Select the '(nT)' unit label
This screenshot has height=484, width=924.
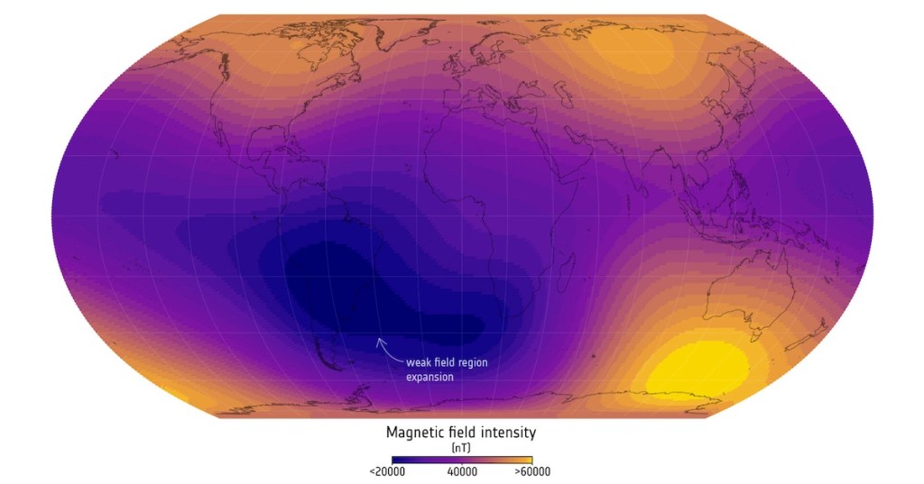[x=461, y=448]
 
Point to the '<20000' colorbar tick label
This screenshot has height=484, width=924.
[x=386, y=471]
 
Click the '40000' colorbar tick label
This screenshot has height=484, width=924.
[x=461, y=471]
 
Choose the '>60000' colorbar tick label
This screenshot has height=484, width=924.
[x=532, y=471]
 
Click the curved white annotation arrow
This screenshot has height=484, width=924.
[x=385, y=350]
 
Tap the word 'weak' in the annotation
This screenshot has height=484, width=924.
[x=420, y=362]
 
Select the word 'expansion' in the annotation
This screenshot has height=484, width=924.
[x=430, y=377]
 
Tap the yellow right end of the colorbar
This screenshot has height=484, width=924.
[x=526, y=460]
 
